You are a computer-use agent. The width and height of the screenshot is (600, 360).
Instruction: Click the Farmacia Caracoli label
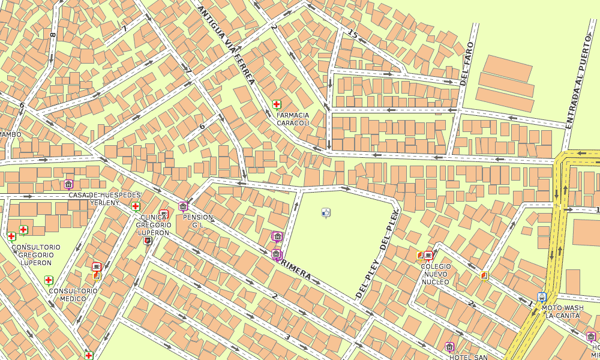pyautogui.click(x=293, y=119)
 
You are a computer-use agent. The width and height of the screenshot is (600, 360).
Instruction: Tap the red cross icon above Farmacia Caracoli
pyautogui.click(x=277, y=104)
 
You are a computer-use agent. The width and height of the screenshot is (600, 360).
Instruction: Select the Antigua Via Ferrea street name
pyautogui.click(x=226, y=46)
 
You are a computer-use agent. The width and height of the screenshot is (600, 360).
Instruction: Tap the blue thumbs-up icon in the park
pyautogui.click(x=326, y=212)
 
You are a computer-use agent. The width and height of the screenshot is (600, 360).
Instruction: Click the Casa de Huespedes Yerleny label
pyautogui.click(x=104, y=199)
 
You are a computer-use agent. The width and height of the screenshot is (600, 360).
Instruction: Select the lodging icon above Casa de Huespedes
pyautogui.click(x=68, y=184)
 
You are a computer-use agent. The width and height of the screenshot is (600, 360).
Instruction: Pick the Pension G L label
pyautogui.click(x=197, y=221)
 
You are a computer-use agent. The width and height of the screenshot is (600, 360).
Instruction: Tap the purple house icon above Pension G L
pyautogui.click(x=183, y=206)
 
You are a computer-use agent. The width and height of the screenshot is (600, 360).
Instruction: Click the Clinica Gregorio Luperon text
pyautogui.click(x=155, y=225)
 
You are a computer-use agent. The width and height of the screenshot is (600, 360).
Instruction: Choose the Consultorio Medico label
pyautogui.click(x=73, y=295)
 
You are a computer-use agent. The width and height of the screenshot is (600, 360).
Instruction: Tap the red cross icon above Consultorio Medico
pyautogui.click(x=49, y=280)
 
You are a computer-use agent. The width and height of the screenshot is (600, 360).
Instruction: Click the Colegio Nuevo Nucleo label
pyautogui.click(x=436, y=274)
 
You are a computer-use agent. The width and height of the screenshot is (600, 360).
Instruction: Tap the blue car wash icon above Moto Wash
pyautogui.click(x=542, y=297)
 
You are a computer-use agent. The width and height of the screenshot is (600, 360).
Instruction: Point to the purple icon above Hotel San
pyautogui.click(x=449, y=347)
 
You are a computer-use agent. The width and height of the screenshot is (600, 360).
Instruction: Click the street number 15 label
pyautogui.click(x=353, y=35)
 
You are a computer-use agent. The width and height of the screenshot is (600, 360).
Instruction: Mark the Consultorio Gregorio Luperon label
pyautogui.click(x=36, y=254)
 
